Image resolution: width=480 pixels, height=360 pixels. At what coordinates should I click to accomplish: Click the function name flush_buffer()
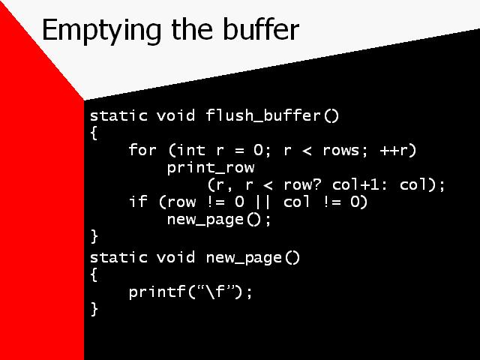tap(273, 115)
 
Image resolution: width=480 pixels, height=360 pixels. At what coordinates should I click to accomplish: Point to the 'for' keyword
tap(142, 150)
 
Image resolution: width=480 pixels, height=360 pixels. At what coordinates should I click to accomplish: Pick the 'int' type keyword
tap(190, 150)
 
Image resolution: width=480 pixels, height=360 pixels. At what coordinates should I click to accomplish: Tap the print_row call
tap(210, 168)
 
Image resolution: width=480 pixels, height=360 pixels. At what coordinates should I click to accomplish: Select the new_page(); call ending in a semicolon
tap(219, 220)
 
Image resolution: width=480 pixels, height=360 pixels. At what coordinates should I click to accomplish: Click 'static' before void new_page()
tap(118, 257)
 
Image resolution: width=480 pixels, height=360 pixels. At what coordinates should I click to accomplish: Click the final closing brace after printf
tap(94, 308)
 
